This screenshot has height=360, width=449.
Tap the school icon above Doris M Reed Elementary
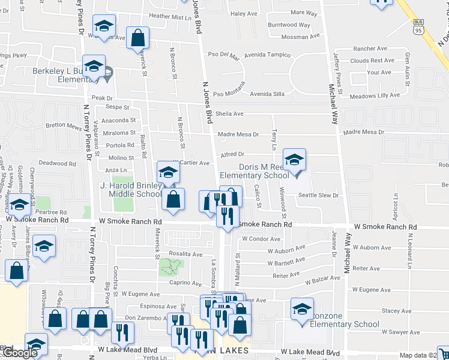(x=294, y=160)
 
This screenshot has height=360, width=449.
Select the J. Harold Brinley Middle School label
(x=130, y=190)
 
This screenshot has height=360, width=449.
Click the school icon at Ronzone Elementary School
(x=302, y=309)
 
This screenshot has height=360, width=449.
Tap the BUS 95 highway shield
(x=418, y=26)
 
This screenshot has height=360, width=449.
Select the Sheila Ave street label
(x=229, y=113)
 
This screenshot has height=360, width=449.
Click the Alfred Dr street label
(x=232, y=154)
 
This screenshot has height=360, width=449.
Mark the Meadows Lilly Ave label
(x=375, y=95)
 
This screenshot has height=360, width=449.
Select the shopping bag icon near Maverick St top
(x=138, y=38)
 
